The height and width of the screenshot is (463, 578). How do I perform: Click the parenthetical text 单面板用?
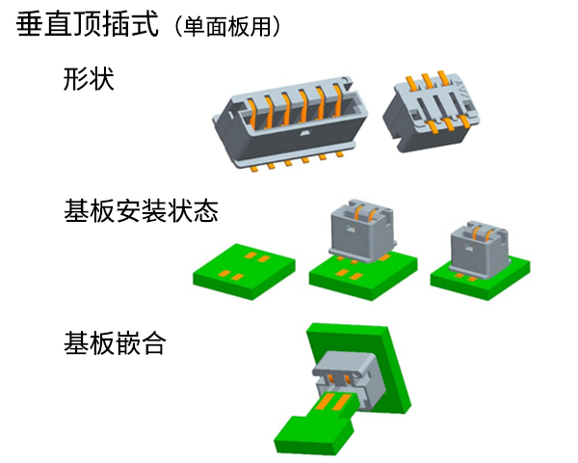click(x=227, y=27)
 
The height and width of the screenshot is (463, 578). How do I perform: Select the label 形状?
click(x=89, y=78)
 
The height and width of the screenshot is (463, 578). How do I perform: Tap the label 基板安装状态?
click(x=142, y=211)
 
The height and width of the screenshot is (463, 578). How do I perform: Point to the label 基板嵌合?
click(x=115, y=343)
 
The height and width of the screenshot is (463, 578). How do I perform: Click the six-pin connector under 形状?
click(x=289, y=123)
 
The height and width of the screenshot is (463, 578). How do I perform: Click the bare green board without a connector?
click(x=244, y=271)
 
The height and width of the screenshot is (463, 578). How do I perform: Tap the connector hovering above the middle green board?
click(x=362, y=231)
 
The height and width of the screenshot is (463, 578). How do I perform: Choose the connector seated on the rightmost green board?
click(x=479, y=248)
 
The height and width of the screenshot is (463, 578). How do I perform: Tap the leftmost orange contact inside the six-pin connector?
click(x=252, y=112)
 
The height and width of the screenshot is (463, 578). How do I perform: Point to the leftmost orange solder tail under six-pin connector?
click(x=254, y=169)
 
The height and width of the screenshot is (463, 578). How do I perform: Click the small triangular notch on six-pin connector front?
click(x=304, y=132)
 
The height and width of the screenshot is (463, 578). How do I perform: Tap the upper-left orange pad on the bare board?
click(x=250, y=255)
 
